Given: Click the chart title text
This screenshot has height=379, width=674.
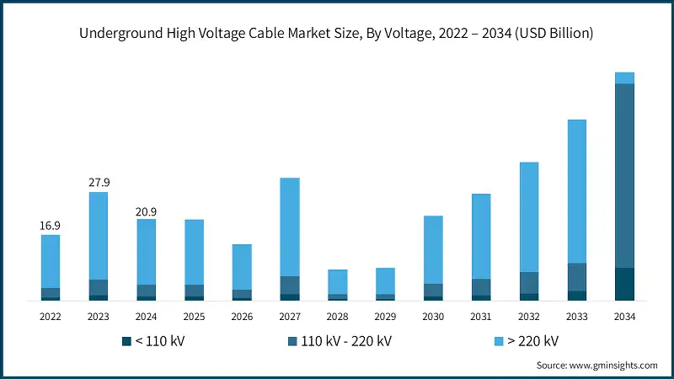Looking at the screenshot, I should [x=337, y=34].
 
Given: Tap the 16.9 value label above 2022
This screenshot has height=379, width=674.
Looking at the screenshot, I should [x=51, y=226].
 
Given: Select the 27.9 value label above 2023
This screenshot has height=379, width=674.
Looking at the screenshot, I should [x=99, y=183].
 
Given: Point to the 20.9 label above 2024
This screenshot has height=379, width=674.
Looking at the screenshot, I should [x=147, y=211].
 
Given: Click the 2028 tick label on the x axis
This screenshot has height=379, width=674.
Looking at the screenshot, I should [x=338, y=317].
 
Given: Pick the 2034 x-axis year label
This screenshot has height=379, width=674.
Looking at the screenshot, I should [x=624, y=317].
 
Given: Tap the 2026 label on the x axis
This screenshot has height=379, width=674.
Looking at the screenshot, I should [x=242, y=317].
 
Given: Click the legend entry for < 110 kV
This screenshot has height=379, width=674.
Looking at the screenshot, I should [x=152, y=341].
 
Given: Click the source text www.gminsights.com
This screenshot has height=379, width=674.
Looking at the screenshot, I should [x=597, y=366].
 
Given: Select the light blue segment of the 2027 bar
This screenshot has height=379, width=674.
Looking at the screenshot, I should [x=290, y=227].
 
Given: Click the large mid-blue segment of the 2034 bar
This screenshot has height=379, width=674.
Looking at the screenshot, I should [x=624, y=175].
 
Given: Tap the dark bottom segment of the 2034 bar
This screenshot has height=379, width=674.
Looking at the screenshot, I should [x=624, y=284].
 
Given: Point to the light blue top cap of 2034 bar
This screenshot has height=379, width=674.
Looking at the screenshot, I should [x=624, y=77].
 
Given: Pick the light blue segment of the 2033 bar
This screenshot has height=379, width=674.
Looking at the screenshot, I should [x=576, y=191].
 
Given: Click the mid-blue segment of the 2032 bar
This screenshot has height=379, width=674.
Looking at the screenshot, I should [x=529, y=283].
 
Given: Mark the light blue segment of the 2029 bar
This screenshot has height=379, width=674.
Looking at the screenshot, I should [x=385, y=280].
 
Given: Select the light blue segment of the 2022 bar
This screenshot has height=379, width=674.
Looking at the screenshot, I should [x=51, y=261].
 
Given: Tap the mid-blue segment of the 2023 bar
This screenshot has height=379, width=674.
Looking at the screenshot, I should [x=99, y=287].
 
